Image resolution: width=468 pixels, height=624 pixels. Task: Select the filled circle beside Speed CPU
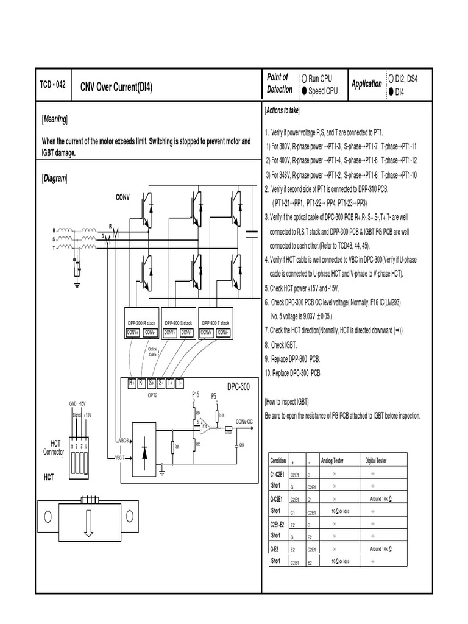click(303, 91)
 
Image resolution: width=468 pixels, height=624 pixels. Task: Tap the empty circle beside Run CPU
click(303, 79)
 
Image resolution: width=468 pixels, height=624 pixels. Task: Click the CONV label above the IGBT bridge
click(124, 197)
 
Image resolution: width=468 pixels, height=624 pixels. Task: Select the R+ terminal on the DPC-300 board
click(132, 383)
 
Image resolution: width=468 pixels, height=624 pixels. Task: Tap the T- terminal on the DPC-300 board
click(180, 383)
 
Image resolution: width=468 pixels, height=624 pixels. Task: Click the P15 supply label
click(196, 395)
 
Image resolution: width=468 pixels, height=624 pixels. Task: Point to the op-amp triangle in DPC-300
click(207, 428)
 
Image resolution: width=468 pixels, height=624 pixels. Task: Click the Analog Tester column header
click(333, 461)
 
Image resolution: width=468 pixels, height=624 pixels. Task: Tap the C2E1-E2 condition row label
click(278, 523)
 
